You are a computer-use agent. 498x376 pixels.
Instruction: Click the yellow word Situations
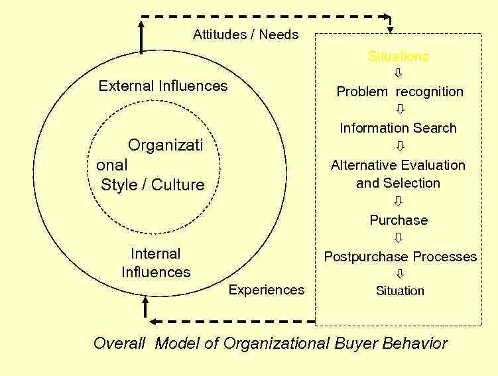coord(399,56)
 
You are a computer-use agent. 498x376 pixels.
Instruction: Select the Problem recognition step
coord(400,92)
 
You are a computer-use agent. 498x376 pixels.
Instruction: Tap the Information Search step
coord(398,128)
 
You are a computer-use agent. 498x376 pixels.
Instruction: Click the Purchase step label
coord(399,220)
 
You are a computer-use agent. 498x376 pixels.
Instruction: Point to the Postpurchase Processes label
coord(400,257)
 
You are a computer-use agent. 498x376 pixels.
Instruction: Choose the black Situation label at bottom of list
coord(400,290)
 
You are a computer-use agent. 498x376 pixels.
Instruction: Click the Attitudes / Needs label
coord(245,34)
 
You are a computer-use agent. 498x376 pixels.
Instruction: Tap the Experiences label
coord(267,290)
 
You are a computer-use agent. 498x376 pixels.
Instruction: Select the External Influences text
coord(162,86)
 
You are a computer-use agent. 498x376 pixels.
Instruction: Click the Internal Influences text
coord(156,263)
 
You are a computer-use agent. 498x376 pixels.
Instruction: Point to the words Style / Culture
coord(153,185)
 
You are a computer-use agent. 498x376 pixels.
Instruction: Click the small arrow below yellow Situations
coord(399,74)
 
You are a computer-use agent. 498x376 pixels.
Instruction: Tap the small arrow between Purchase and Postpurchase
coord(399,237)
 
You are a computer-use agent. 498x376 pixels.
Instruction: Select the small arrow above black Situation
coord(400,273)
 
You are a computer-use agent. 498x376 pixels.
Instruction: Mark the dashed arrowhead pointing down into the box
coord(390,29)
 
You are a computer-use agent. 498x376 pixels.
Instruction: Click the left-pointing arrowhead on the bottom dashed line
coord(153,322)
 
